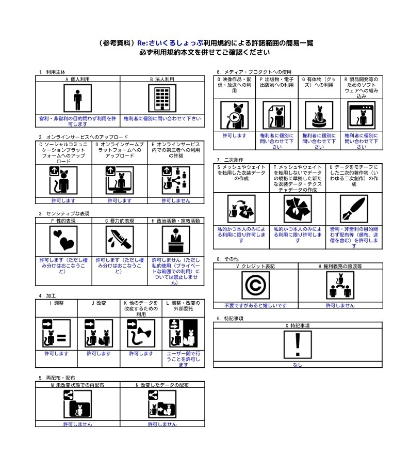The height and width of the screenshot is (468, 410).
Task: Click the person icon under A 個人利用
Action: click(x=77, y=98)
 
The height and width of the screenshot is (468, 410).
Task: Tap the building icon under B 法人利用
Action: click(x=162, y=98)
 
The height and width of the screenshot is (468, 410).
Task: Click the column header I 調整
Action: click(x=57, y=303)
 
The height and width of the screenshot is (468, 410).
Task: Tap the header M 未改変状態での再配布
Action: click(x=77, y=385)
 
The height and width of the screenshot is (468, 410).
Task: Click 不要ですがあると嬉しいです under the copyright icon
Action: click(x=255, y=305)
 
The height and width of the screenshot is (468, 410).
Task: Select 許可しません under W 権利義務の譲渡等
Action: click(x=340, y=305)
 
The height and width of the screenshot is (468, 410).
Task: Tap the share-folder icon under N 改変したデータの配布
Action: click(x=162, y=404)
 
